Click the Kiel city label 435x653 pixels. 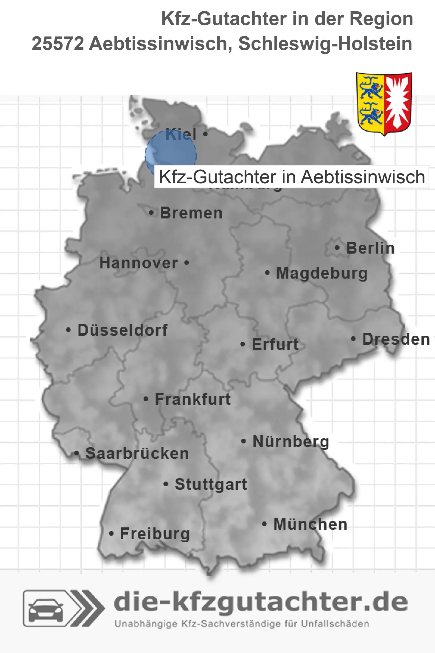click(x=181, y=134)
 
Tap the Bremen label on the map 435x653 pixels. click(x=191, y=213)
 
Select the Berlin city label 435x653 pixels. click(x=370, y=248)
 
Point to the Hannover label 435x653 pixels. click(x=139, y=263)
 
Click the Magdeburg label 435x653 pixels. click(x=322, y=273)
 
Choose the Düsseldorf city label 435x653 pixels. click(x=122, y=330)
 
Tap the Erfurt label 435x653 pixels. click(x=275, y=344)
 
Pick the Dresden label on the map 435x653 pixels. click(x=396, y=339)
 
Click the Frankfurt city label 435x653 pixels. click(x=193, y=399)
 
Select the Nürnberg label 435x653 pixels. click(x=291, y=441)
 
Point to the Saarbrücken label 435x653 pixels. click(x=137, y=454)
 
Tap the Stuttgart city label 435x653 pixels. click(x=211, y=484)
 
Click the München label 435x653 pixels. click(x=310, y=524)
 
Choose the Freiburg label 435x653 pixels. click(x=155, y=534)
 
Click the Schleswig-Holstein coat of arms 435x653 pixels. click(x=384, y=103)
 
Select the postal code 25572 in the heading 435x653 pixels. click(x=58, y=44)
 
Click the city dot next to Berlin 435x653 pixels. click(x=337, y=248)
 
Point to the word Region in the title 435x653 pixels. click(x=381, y=19)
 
